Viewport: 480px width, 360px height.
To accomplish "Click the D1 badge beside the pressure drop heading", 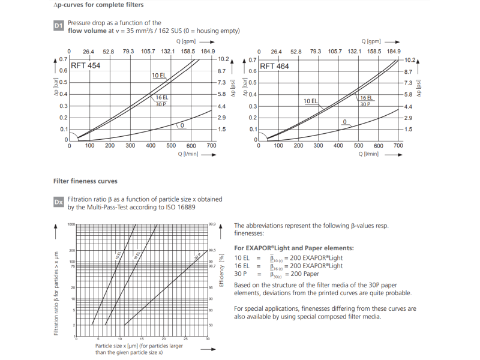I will coord(58,26).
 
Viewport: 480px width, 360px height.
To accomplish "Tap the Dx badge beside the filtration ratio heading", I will coord(58,203).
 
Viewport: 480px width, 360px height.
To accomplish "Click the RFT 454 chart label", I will coord(86,66).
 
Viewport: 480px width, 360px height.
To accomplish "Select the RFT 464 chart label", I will coord(274,66).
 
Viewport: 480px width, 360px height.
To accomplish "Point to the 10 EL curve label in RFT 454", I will coord(159,76).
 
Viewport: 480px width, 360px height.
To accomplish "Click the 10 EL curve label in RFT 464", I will coord(310,101).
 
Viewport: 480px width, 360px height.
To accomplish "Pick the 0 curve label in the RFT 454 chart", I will coord(181,125).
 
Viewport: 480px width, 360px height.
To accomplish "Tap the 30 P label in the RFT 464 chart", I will coord(366,104).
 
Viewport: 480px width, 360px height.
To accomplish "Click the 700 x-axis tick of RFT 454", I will coord(211,146).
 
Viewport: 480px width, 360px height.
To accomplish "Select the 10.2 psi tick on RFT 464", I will coord(410,60).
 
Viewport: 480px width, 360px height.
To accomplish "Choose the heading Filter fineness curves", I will coord(85,181).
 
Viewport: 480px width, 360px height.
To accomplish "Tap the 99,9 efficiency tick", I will coord(212,224).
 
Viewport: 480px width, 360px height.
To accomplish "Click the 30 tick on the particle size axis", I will coord(207,339).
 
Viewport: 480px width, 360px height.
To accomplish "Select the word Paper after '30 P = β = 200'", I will coord(310,274).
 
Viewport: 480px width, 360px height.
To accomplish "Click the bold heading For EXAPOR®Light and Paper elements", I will coord(293,248).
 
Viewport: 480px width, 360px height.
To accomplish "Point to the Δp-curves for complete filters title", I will coord(98,5).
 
